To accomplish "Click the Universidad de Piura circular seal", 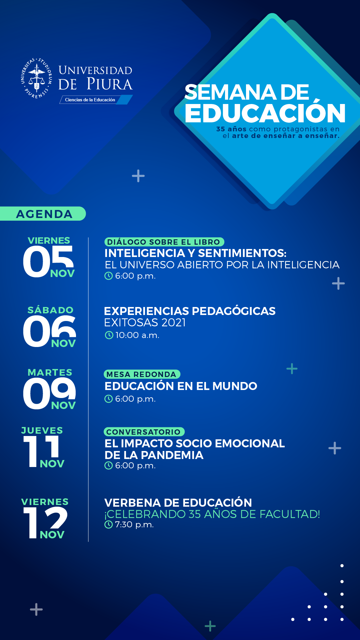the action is pyautogui.click(x=36, y=78).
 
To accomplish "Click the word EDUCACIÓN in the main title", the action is pyautogui.click(x=265, y=113).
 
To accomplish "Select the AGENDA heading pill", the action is pyautogui.click(x=43, y=214).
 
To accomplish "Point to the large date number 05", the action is pyautogui.click(x=48, y=261).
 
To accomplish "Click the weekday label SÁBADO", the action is pyautogui.click(x=50, y=310).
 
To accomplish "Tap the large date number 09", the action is pyautogui.click(x=49, y=393).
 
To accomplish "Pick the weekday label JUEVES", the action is pyautogui.click(x=42, y=430).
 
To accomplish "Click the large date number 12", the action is pyautogui.click(x=45, y=522).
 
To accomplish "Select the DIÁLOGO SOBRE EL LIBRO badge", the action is pyautogui.click(x=164, y=242).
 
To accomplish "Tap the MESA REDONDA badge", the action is pyautogui.click(x=142, y=374).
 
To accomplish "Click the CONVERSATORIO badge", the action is pyautogui.click(x=144, y=432).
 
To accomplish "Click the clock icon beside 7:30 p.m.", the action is pyautogui.click(x=108, y=525).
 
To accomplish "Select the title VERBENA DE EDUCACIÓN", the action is pyautogui.click(x=178, y=503).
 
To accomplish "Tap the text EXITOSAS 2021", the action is pyautogui.click(x=145, y=323).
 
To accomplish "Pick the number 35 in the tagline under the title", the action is pyautogui.click(x=221, y=129).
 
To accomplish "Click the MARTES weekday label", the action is pyautogui.click(x=50, y=372).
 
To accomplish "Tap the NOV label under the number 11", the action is pyautogui.click(x=52, y=464).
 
